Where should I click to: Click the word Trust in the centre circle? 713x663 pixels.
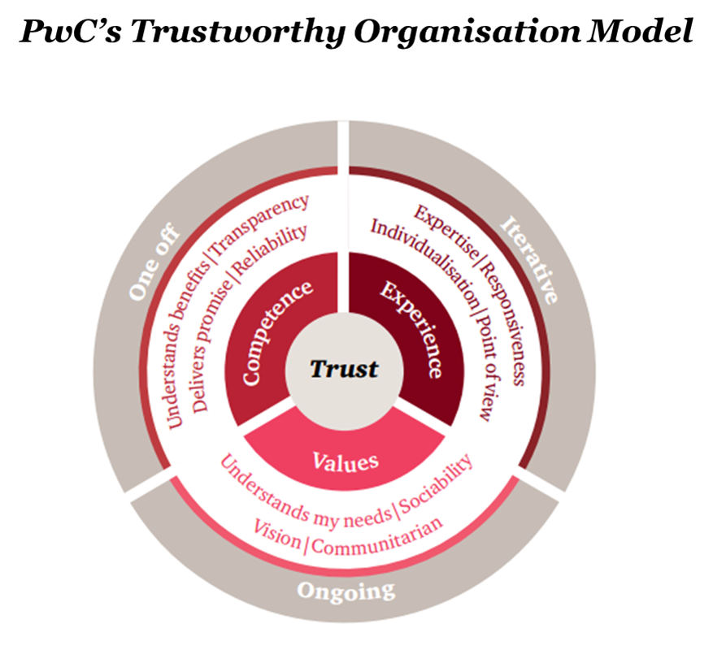coord(344,369)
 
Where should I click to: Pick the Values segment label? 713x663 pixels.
coord(346,461)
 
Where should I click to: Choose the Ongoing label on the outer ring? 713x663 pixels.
coord(346,590)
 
